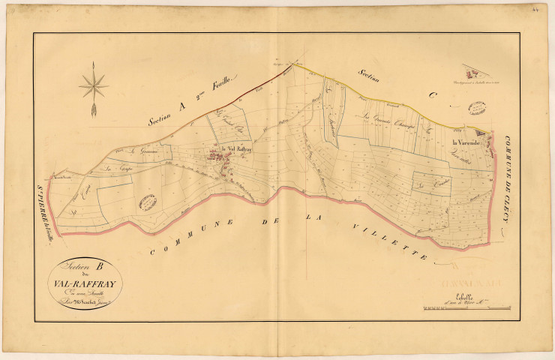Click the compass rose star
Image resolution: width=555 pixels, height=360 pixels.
click(94, 85)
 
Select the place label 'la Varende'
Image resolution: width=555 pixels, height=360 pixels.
click(466, 142)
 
